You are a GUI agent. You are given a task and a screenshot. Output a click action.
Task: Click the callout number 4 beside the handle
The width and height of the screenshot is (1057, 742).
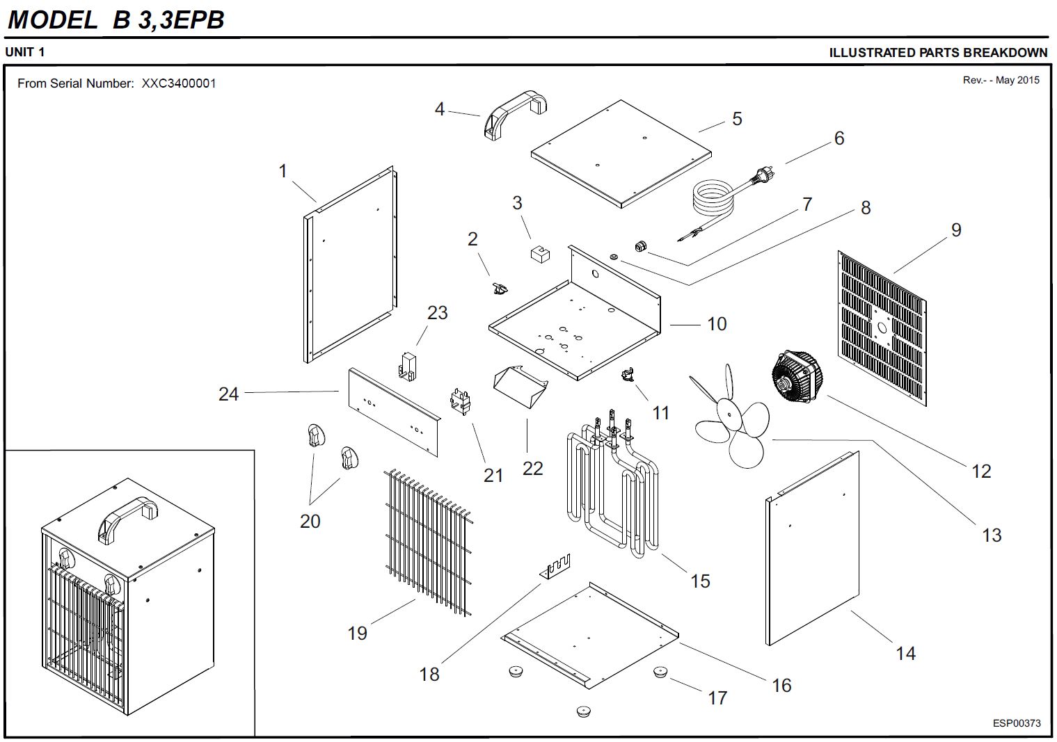pos(440,109)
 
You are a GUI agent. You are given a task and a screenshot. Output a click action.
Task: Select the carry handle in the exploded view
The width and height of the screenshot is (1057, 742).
pos(516,111)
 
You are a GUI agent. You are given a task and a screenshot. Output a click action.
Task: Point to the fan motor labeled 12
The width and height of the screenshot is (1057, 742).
pos(797,376)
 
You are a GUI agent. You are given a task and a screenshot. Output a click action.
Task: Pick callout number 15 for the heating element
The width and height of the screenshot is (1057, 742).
pos(700,581)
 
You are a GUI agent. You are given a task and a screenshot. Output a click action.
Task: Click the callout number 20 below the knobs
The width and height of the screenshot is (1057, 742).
pos(310,521)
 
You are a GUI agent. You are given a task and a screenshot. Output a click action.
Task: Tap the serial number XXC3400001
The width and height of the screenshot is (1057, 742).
pos(179,83)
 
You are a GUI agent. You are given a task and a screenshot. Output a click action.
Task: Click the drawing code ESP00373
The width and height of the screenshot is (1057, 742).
pos(1017,723)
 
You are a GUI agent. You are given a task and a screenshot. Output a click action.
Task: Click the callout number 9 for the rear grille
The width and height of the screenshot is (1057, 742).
pos(956,230)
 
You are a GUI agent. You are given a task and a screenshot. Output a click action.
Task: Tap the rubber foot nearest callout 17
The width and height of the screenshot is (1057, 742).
pos(660,672)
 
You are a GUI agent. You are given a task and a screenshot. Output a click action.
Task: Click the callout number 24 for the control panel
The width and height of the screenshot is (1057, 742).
pos(228,394)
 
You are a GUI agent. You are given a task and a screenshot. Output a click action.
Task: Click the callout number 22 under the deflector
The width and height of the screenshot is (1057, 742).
pos(532,468)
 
